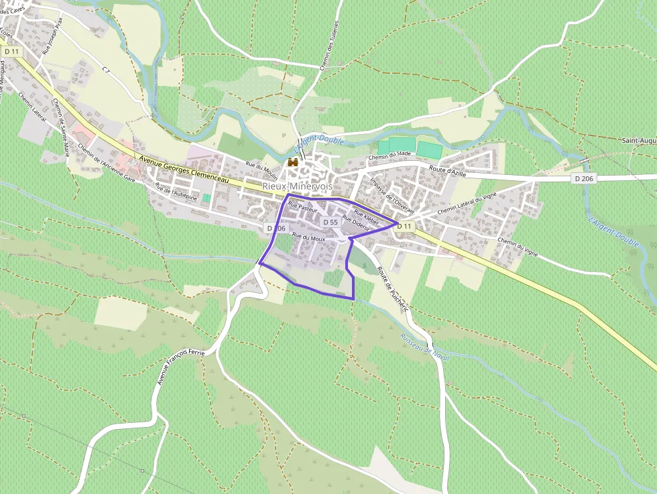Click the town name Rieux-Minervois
(x=297, y=186)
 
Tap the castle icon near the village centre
(x=292, y=162)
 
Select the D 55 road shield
(x=330, y=222)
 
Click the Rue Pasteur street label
(x=302, y=208)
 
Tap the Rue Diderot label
(x=355, y=223)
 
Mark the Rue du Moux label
(x=308, y=238)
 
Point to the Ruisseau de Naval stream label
(x=424, y=347)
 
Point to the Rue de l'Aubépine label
(x=176, y=192)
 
